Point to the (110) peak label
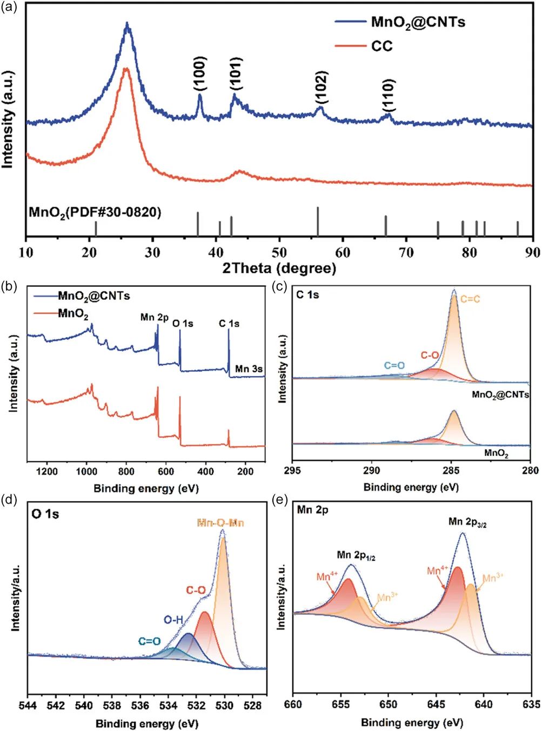tap(388, 95)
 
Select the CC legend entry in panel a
tap(382, 46)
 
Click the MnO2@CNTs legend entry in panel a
tap(418, 22)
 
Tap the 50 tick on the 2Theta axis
tap(279, 252)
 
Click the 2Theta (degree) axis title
tap(279, 268)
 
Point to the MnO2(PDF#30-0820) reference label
tap(95, 212)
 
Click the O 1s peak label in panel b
tap(183, 324)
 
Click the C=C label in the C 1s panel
tap(470, 299)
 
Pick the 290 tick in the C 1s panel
tap(372, 471)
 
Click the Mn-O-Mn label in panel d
tap(220, 523)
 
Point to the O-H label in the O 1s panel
tap(173, 620)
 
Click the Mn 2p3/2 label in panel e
tap(467, 522)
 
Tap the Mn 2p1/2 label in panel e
tap(356, 555)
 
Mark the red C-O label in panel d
tap(196, 591)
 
